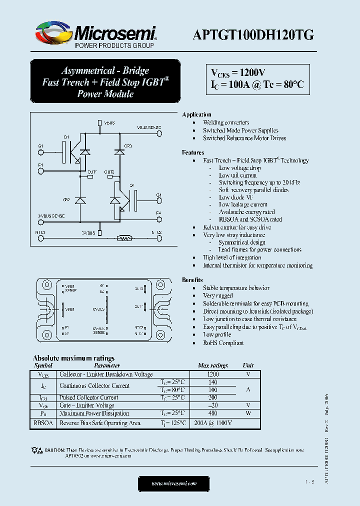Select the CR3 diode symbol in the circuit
(119, 151)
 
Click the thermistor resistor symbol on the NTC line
(124, 238)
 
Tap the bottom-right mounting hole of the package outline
(161, 334)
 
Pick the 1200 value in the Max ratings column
(212, 374)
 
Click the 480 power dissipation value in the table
(212, 413)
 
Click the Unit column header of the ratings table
(248, 365)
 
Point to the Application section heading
(196, 114)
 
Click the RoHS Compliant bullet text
(223, 343)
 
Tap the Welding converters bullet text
(226, 122)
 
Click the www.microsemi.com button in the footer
(174, 483)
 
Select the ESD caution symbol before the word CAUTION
(37, 450)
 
